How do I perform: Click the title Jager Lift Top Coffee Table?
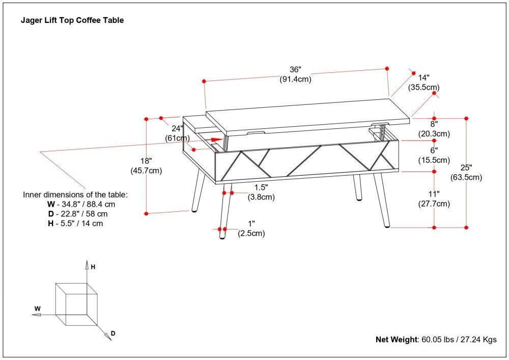72,21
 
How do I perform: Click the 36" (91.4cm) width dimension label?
295,74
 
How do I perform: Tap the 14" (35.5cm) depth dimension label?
423,82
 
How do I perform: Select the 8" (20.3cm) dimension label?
434,129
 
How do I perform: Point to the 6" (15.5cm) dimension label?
434,155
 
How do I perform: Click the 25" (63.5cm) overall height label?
466,173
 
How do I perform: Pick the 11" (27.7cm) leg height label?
434,199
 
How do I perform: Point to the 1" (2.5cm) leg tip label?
251,229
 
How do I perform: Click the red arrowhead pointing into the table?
217,139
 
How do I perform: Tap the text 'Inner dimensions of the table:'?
75,195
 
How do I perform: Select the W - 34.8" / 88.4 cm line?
81,204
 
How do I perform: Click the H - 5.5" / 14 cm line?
75,223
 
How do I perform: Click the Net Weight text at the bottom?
436,340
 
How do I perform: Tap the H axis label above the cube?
93,266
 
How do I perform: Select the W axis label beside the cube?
37,309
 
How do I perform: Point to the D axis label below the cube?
113,334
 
